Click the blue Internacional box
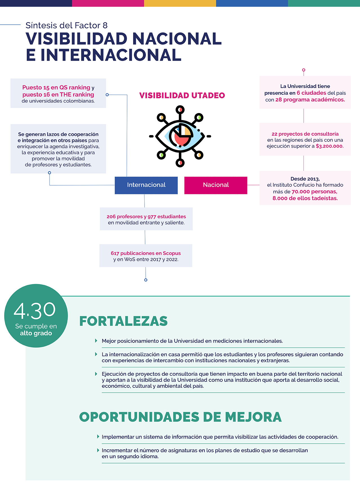click(146, 185)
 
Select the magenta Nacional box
click(216, 185)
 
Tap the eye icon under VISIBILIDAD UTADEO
click(180, 136)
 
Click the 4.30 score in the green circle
click(35, 310)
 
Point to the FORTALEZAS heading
click(123, 321)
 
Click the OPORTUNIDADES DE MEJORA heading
click(180, 417)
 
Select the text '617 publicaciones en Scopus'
click(146, 253)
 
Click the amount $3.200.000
click(330, 146)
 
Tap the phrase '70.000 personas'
click(314, 192)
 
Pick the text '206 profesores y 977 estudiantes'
click(146, 217)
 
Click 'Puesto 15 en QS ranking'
click(56, 87)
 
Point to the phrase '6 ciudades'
click(311, 93)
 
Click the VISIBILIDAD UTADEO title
click(182, 96)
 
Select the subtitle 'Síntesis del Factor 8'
click(66, 25)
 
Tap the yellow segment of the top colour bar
click(180, 3)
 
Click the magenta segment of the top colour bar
click(108, 3)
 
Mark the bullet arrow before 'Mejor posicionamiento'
click(96, 341)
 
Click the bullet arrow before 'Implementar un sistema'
click(98, 437)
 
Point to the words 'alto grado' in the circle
click(36, 333)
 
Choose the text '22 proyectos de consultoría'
click(305, 134)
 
